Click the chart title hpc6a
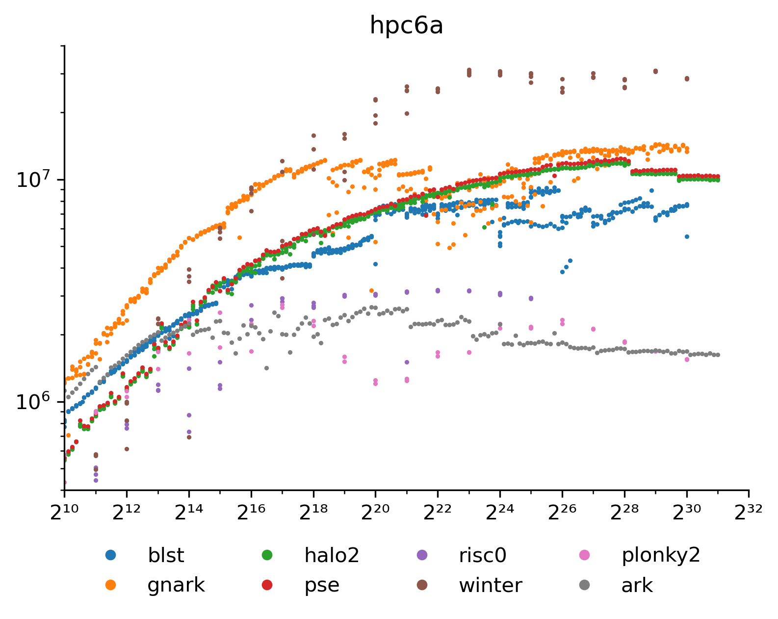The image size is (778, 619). pos(406,26)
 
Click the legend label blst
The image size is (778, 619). pos(166,556)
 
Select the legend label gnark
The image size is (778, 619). pos(176,585)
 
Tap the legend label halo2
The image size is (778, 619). pos(332,556)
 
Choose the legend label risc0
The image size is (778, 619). pos(482,556)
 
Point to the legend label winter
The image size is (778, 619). pos(491,585)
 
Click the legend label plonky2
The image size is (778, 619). pos(661,556)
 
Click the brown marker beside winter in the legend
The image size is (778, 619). pos(421,585)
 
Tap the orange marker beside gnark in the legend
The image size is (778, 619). pos(111,585)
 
